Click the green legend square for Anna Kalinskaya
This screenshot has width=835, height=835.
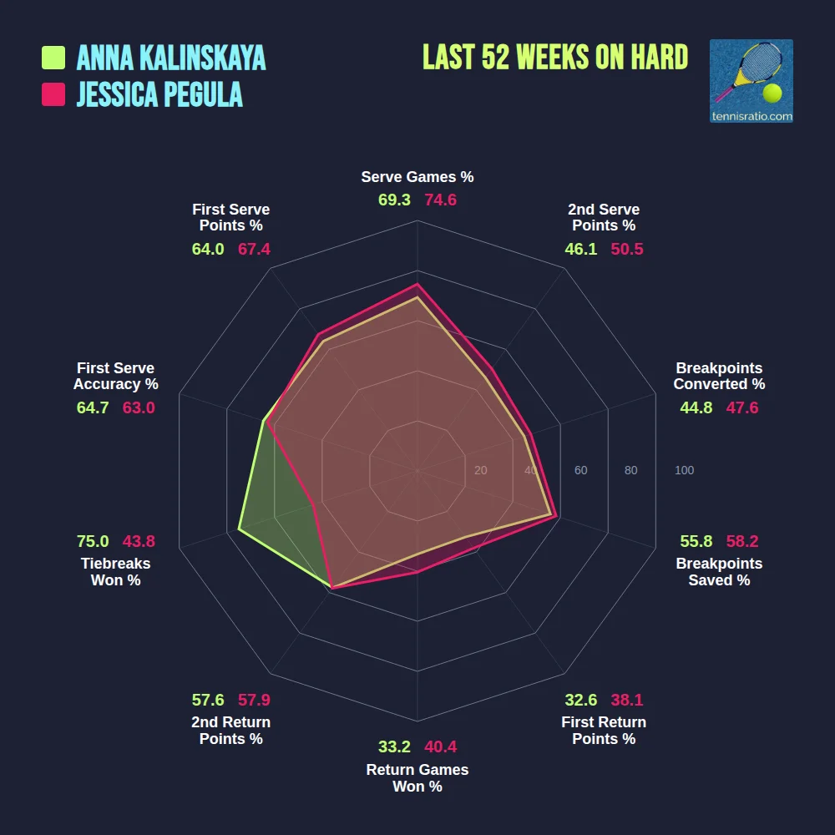53,58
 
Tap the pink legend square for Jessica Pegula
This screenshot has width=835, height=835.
53,94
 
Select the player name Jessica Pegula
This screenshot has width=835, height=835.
159,94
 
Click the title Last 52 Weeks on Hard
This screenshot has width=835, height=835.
555,58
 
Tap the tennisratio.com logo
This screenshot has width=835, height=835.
751,81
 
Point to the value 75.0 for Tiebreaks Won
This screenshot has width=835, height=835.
93,541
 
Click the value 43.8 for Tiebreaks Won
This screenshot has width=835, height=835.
139,541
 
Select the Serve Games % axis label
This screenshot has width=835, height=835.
417,177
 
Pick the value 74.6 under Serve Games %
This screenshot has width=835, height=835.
440,200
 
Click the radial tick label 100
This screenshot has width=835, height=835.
684,471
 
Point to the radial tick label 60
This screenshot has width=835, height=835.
580,471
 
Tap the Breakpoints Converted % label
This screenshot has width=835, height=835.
719,377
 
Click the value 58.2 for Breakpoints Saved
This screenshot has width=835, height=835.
741,541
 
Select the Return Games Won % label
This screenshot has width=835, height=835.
417,778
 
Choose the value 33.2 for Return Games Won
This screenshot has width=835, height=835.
394,747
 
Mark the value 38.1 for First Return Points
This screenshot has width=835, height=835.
626,700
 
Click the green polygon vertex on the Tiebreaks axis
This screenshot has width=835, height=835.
239,529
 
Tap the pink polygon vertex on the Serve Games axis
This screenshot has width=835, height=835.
417,284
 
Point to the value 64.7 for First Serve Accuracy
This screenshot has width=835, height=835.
93,408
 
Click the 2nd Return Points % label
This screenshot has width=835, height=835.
231,731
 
